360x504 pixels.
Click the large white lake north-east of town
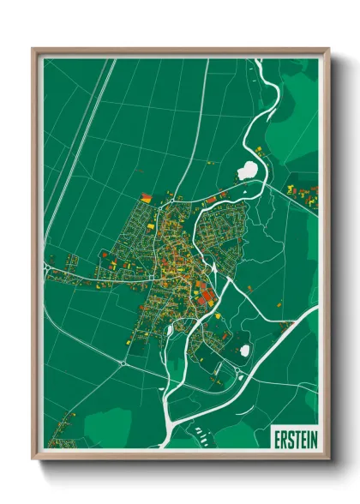point(248,170)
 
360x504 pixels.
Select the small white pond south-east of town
point(244,350)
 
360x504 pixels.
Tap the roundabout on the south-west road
point(125,363)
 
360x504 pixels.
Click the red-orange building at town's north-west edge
point(146,198)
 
